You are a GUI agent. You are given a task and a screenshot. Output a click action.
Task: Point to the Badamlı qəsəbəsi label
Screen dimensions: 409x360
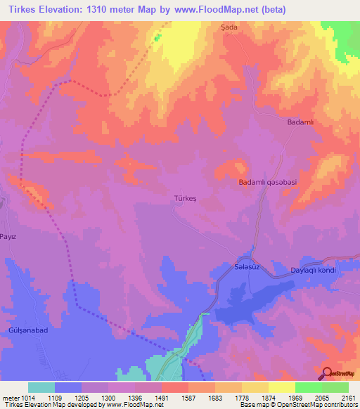[268, 183]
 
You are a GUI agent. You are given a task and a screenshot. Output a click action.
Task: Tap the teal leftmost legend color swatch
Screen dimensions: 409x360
[41, 387]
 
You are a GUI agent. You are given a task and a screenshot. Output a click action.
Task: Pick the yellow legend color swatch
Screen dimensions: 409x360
[282, 387]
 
